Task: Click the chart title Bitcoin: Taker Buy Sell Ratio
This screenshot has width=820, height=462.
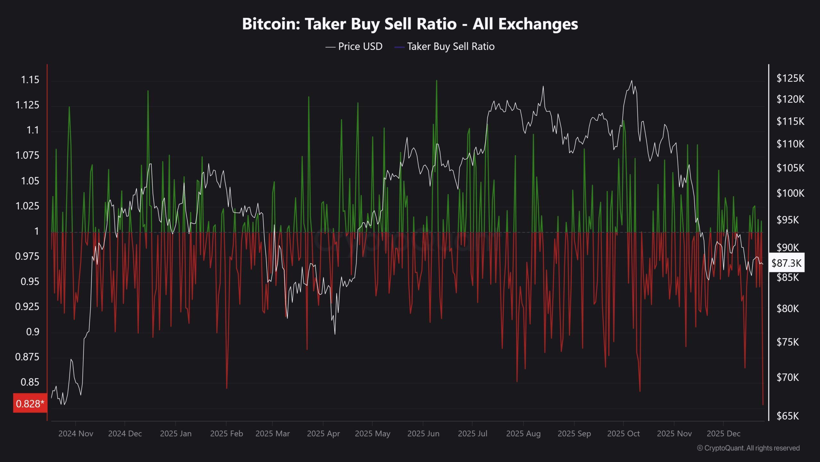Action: point(410,24)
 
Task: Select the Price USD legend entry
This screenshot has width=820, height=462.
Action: point(354,47)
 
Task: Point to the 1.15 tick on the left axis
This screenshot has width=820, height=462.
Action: point(30,80)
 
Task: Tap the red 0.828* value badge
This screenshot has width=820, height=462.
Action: point(30,403)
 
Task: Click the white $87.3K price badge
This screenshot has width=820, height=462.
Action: point(786,263)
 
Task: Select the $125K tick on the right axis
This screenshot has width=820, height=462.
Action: point(790,78)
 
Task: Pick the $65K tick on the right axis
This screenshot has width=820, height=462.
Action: point(788,416)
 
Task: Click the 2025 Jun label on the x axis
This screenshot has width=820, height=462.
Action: point(423,433)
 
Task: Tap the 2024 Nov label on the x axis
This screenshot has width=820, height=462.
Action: point(76,433)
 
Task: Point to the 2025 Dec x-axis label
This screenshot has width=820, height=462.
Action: point(723,433)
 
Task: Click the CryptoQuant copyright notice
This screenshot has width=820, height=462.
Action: point(748,448)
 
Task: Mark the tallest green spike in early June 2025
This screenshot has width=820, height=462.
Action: point(437,81)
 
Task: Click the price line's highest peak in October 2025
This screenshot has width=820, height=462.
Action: point(631,81)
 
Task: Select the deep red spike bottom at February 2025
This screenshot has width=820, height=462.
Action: point(226,388)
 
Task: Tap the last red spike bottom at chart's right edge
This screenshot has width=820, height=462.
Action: point(763,404)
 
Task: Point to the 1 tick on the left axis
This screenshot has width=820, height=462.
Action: point(37,231)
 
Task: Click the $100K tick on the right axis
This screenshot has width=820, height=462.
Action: point(790,193)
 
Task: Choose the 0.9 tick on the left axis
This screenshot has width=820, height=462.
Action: point(32,332)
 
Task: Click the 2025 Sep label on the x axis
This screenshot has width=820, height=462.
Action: point(574,433)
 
